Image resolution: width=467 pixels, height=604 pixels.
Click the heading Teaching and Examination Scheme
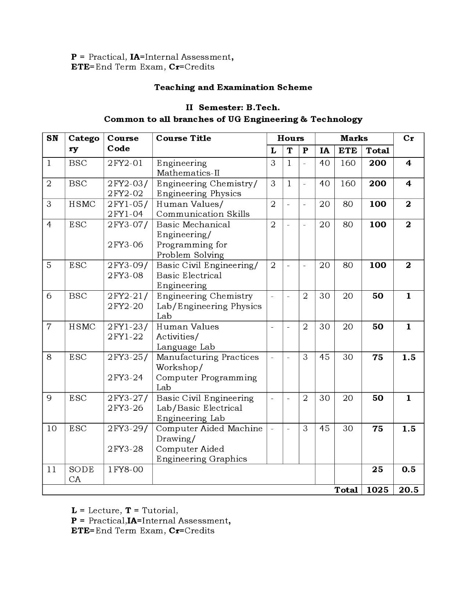tap(233, 87)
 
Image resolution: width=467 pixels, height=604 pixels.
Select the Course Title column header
tap(183, 138)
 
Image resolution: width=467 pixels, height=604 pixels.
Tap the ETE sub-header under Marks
tap(348, 151)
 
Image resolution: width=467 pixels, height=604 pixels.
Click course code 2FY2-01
tap(125, 163)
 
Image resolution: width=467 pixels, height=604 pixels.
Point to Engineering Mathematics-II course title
tap(188, 168)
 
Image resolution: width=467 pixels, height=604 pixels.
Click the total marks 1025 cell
tap(377, 490)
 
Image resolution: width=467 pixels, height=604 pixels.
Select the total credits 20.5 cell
tap(408, 490)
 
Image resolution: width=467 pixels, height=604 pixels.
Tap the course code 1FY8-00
tap(125, 469)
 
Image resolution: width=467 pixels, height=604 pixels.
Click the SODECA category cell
tap(81, 474)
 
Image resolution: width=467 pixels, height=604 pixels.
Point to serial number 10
tap(52, 428)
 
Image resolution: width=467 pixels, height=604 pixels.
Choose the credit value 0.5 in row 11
tap(408, 469)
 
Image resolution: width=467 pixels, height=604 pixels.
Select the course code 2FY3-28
tap(125, 449)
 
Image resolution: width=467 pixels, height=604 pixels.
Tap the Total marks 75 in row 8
tap(377, 357)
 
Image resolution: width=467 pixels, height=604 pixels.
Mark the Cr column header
tap(408, 138)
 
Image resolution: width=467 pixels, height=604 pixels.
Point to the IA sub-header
tap(325, 151)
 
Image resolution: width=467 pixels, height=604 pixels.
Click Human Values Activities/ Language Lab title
tap(187, 337)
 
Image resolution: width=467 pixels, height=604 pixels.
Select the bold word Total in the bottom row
tap(346, 490)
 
